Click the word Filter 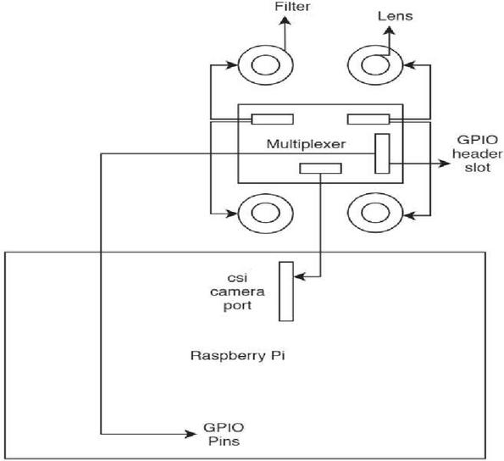[x=292, y=7]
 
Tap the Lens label [x=395, y=16]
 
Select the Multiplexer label [x=306, y=144]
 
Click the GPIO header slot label [x=478, y=153]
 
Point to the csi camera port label [x=237, y=292]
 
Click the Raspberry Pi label [x=237, y=356]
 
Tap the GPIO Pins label [x=224, y=435]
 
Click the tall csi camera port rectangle [x=286, y=292]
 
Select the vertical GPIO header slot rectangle [x=383, y=153]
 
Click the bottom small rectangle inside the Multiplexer [x=320, y=169]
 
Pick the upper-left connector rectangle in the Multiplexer [x=272, y=119]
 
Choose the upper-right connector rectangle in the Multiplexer [x=368, y=119]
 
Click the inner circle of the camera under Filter [x=265, y=64]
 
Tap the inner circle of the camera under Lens [x=375, y=64]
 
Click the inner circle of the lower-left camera [x=265, y=213]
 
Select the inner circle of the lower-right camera [x=375, y=213]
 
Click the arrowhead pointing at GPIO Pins [x=191, y=435]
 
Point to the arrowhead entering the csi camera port [x=300, y=276]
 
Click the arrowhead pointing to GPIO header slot [x=445, y=164]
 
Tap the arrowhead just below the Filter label [x=285, y=21]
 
